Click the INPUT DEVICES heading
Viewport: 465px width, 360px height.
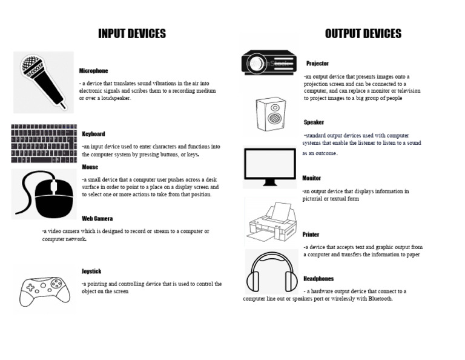[x=132, y=33]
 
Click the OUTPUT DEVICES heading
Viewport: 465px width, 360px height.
[x=363, y=33]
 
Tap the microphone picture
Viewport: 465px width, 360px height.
[x=43, y=82]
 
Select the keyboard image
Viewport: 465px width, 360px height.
[x=44, y=144]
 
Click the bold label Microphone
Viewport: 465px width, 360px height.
[x=93, y=71]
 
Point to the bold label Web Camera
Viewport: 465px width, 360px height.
[x=97, y=218]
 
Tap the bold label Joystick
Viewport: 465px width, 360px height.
[x=91, y=271]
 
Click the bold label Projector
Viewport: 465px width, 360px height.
[x=317, y=63]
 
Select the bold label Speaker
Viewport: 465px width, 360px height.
[x=314, y=122]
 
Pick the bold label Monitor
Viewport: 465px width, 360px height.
[x=311, y=178]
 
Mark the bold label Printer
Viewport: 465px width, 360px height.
[x=311, y=235]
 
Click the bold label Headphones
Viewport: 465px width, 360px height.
[x=318, y=279]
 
